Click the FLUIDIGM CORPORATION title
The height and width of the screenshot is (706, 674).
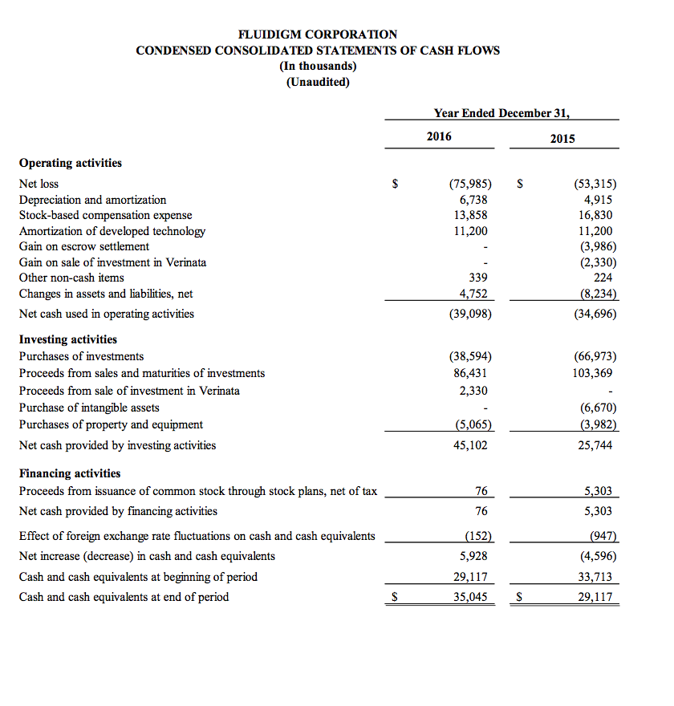click(x=318, y=34)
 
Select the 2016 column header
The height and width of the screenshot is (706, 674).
click(x=439, y=136)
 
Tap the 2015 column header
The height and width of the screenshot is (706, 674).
click(x=562, y=138)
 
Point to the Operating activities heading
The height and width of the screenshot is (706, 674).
click(x=71, y=163)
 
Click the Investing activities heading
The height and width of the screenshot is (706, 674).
click(x=68, y=339)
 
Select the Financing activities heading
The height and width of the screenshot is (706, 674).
click(x=70, y=473)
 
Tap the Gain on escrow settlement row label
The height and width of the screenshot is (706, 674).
click(x=84, y=246)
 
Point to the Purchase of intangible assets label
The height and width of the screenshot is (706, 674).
click(x=89, y=408)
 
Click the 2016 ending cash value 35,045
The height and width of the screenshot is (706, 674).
click(x=470, y=597)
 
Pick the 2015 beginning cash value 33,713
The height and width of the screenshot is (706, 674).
click(x=595, y=576)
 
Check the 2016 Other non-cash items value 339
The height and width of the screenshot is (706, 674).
click(x=477, y=278)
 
